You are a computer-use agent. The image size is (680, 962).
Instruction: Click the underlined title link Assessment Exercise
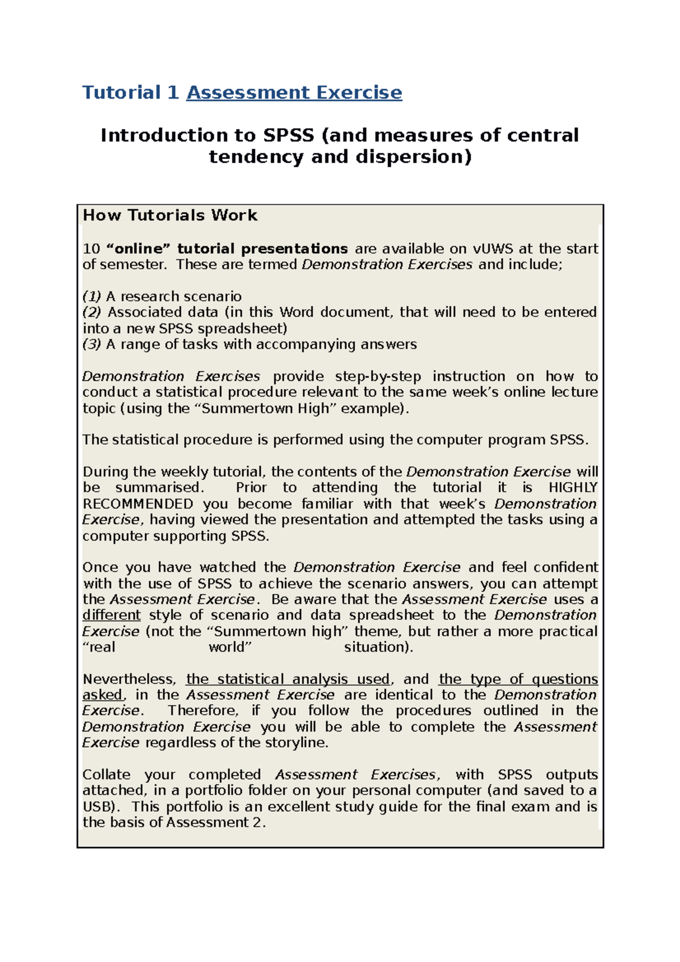point(294,92)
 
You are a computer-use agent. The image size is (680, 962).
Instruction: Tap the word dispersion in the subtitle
point(413,157)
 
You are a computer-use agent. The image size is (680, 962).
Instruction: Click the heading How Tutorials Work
point(170,215)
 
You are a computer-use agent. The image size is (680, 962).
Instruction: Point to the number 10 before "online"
point(91,249)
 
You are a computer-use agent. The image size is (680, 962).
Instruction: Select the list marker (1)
point(91,296)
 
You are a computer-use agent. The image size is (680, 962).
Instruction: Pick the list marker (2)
point(92,312)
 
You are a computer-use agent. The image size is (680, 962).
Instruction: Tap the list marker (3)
point(91,344)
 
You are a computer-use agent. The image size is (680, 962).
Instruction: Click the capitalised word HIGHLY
point(573,488)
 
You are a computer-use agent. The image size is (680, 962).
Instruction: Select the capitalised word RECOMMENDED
point(138,504)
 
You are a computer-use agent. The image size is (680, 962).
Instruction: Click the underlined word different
point(111,615)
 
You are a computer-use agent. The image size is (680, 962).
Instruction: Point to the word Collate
point(106,774)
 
